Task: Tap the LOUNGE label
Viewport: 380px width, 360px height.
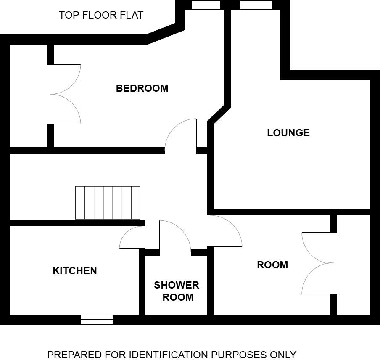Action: pyautogui.click(x=288, y=133)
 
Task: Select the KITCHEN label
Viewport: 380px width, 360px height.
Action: pyautogui.click(x=75, y=271)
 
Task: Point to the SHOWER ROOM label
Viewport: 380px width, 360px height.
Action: pyautogui.click(x=177, y=291)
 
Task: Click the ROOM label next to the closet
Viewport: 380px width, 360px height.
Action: pyautogui.click(x=272, y=265)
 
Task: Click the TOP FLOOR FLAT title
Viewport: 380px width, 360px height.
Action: pyautogui.click(x=101, y=16)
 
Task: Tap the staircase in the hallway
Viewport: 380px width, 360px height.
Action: pyautogui.click(x=108, y=203)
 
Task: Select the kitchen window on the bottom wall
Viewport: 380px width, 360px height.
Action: pyautogui.click(x=97, y=320)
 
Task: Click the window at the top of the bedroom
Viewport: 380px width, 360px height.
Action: pyautogui.click(x=206, y=5)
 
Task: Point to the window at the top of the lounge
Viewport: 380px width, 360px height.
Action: pyautogui.click(x=256, y=5)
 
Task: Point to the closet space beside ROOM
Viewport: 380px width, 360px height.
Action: pyautogui.click(x=353, y=265)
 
